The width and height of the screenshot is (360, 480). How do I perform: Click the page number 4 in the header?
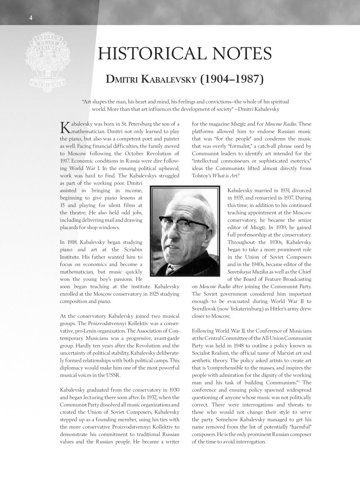click(31, 17)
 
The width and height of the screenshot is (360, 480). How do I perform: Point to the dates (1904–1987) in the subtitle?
click(232, 79)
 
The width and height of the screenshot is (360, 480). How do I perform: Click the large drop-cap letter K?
click(65, 128)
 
